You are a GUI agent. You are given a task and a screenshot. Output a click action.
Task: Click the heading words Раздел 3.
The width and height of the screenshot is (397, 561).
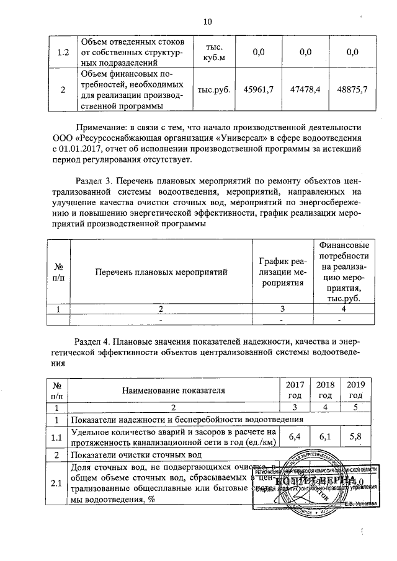tap(94, 181)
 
